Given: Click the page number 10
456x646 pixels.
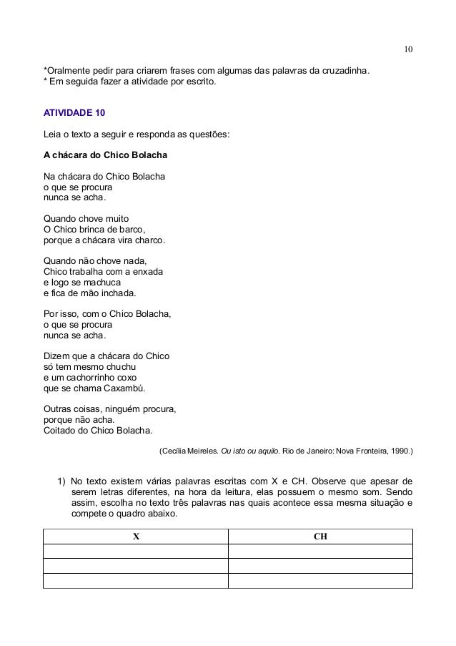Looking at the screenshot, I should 407,49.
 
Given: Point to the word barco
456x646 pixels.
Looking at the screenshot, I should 130,230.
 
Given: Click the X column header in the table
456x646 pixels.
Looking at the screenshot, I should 136,536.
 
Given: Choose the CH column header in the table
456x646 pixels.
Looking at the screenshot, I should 320,536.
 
